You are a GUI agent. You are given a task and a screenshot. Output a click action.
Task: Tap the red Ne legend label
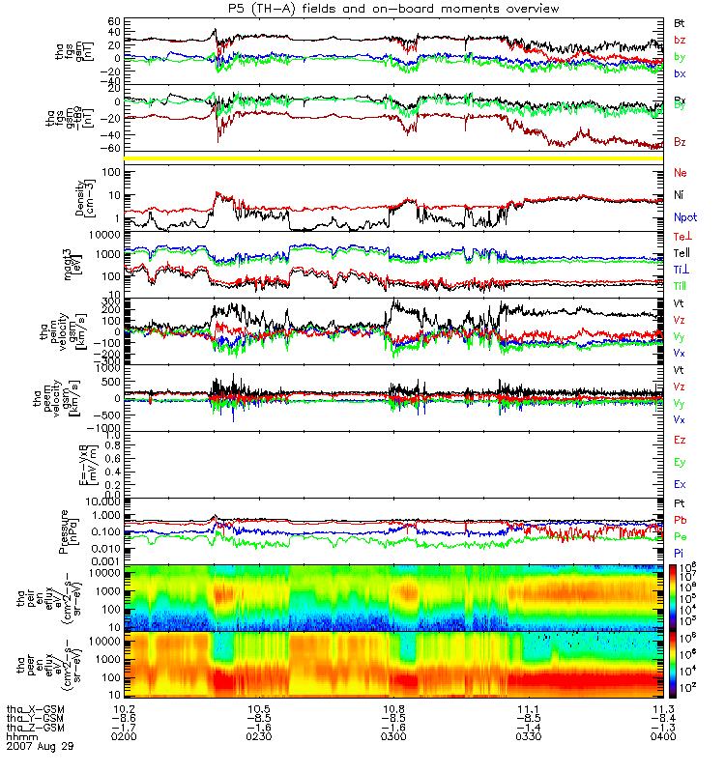tap(681, 172)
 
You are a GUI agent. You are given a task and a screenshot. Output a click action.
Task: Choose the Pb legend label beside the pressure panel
tap(681, 521)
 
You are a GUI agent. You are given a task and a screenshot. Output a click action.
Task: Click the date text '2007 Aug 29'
tap(40, 748)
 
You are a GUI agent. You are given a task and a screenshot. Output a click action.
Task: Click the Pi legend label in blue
tap(680, 553)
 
